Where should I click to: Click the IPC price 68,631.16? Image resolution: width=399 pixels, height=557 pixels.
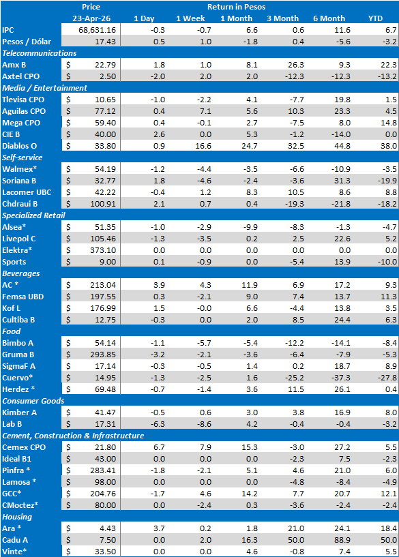click(97, 30)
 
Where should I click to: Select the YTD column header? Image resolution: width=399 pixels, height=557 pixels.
click(376, 18)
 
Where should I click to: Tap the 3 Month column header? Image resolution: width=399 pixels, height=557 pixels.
click(283, 18)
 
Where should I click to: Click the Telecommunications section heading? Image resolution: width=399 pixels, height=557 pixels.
click(39, 53)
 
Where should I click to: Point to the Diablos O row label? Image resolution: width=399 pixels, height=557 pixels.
click(19, 146)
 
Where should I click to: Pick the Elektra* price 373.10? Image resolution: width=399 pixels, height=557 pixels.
click(103, 250)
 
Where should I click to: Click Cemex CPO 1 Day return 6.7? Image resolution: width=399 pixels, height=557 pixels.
click(159, 447)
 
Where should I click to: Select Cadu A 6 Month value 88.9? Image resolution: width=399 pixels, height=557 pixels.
click(342, 540)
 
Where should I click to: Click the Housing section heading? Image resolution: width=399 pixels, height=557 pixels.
click(17, 517)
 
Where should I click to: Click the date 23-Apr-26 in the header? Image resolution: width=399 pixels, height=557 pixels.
click(91, 18)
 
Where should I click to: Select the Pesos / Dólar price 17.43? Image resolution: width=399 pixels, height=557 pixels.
click(105, 42)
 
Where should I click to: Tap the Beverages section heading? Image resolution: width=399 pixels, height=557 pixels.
click(20, 273)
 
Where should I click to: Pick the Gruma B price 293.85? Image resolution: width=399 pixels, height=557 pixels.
click(103, 355)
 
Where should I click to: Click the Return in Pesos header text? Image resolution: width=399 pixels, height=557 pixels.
click(236, 7)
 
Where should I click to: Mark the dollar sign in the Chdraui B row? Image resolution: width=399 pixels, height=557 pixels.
click(68, 204)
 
